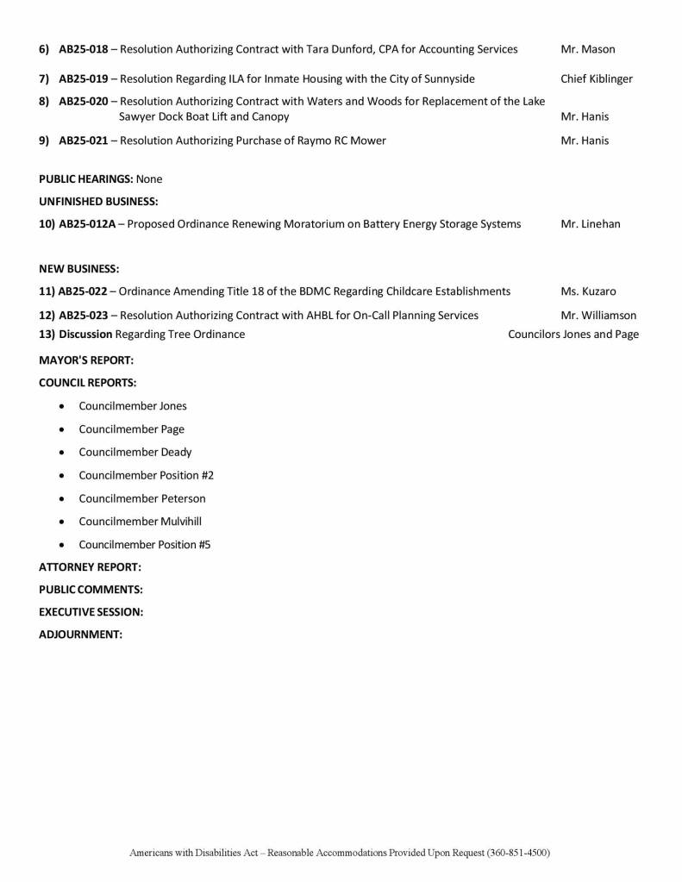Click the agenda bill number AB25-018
pyautogui.click(x=84, y=49)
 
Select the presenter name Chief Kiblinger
pyautogui.click(x=596, y=79)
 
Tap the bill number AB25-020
pyautogui.click(x=84, y=102)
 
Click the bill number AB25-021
pyautogui.click(x=84, y=141)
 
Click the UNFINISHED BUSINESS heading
pyautogui.click(x=98, y=202)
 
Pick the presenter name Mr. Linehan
pyautogui.click(x=590, y=224)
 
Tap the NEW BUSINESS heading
pyautogui.click(x=79, y=269)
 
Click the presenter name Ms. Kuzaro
pyautogui.click(x=588, y=291)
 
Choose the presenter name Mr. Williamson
pyautogui.click(x=598, y=316)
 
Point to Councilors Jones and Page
pyautogui.click(x=573, y=335)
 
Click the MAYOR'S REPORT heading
pyautogui.click(x=86, y=360)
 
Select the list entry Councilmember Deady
pyautogui.click(x=135, y=452)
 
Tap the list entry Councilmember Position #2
pyautogui.click(x=146, y=475)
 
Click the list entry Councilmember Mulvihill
pyautogui.click(x=141, y=522)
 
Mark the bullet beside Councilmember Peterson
pyautogui.click(x=62, y=499)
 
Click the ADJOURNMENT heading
pyautogui.click(x=81, y=635)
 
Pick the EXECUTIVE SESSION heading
pyautogui.click(x=91, y=612)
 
